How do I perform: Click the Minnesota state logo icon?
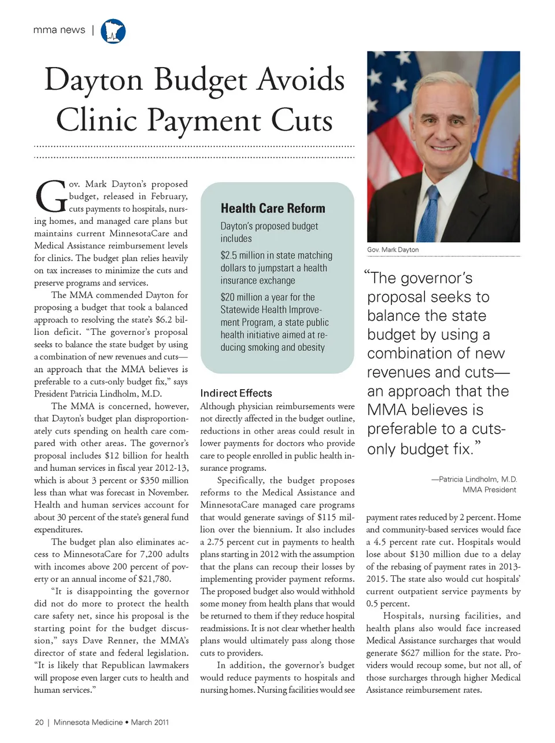point(113,31)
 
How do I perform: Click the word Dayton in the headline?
point(94,80)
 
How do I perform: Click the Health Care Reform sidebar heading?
point(273,208)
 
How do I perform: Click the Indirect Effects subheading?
point(236,393)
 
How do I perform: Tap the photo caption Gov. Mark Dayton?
point(393,250)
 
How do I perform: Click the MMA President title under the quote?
point(489,490)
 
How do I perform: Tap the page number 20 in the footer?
point(39,722)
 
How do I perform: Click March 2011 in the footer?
point(150,722)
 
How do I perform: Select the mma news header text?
point(59,30)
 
